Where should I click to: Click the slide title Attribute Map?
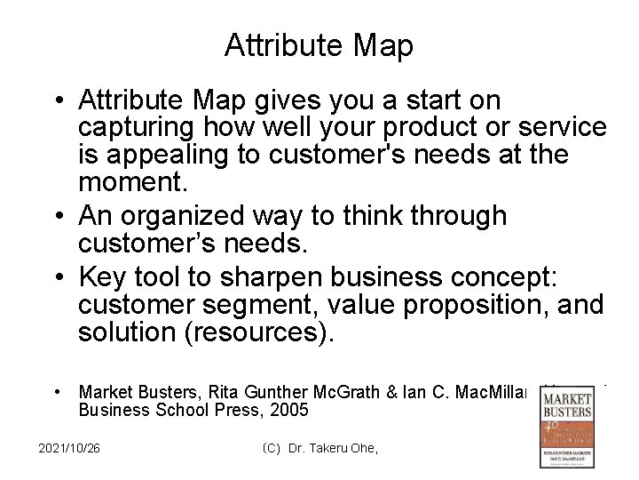click(319, 46)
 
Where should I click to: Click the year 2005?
click(289, 410)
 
